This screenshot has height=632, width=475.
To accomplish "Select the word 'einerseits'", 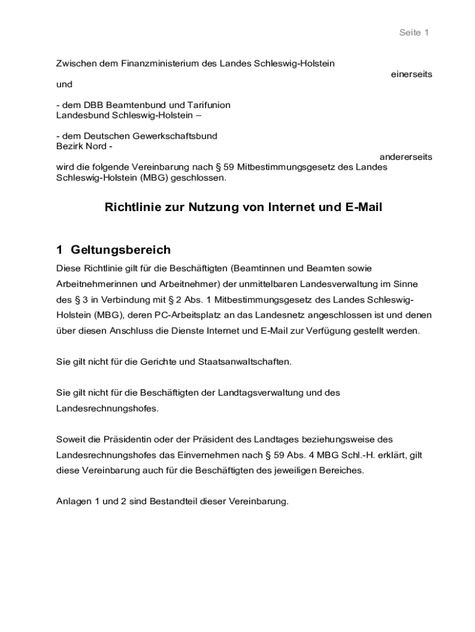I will click(411, 74).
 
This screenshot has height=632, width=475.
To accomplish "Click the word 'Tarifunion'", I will click(209, 105).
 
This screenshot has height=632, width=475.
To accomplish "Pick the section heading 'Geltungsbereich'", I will click(121, 250).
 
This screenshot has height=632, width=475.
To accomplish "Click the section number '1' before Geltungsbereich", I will click(59, 250).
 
